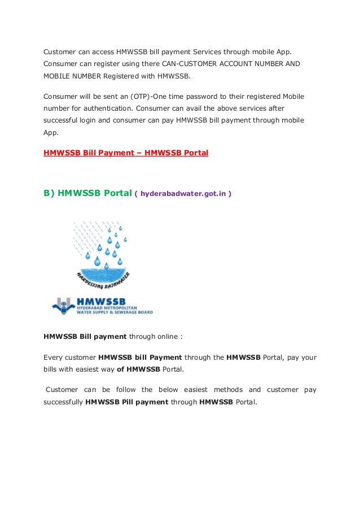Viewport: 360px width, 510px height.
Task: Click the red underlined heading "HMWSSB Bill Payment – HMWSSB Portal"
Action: (x=126, y=152)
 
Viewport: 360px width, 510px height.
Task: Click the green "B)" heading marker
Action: (x=49, y=193)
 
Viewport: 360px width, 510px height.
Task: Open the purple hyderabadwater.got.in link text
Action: (x=183, y=194)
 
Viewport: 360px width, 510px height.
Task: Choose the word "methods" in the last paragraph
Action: (x=228, y=390)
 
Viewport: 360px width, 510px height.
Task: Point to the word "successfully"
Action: (x=63, y=402)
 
